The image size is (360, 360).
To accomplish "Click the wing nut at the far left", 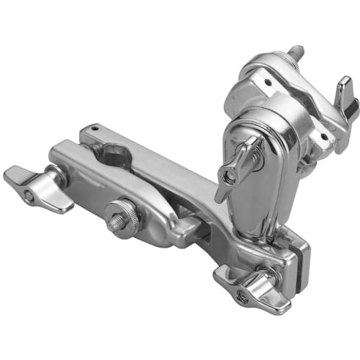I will [x=36, y=188].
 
